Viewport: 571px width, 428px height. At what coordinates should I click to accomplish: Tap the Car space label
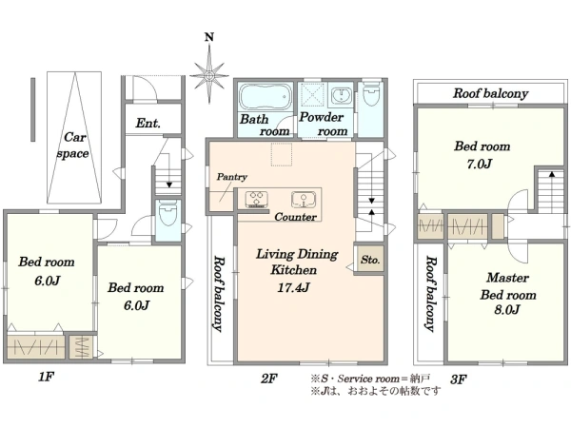coord(73,146)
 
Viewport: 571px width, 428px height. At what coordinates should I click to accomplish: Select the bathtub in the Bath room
coord(266,97)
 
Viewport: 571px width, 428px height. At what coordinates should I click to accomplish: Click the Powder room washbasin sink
coord(342,96)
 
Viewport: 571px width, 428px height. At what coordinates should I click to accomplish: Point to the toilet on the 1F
coord(167,214)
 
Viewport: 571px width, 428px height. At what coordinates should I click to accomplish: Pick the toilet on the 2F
coord(371,94)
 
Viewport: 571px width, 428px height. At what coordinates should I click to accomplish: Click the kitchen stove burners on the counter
coord(257,200)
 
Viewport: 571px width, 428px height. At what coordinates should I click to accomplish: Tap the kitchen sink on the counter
coord(304,200)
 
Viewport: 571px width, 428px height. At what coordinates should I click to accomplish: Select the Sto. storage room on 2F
coord(370,259)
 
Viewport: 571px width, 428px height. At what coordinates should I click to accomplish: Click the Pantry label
coord(232,177)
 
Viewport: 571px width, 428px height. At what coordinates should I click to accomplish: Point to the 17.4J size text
coord(293,287)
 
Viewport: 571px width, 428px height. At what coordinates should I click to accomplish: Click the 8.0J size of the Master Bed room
coord(507,309)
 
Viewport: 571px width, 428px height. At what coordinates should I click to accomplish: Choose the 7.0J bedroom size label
coord(480,164)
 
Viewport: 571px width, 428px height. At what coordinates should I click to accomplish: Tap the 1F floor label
coord(47,377)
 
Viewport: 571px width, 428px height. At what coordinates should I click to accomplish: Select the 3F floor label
coord(459,379)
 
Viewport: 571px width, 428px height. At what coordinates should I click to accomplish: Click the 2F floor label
coord(269,379)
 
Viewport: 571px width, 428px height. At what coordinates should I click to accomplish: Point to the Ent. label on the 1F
coord(148,123)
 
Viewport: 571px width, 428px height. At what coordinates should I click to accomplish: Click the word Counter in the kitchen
coord(295,217)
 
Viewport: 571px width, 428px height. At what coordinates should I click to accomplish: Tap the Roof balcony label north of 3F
coord(490,93)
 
